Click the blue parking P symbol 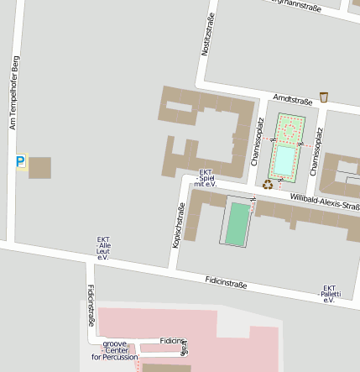tap(20, 160)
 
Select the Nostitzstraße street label tap(207, 35)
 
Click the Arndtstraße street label tap(291, 99)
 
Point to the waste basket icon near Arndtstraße tap(324, 97)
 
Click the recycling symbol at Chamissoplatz tap(267, 184)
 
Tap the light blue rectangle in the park tap(285, 160)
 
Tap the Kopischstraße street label tap(179, 225)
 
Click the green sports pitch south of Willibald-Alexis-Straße tap(238, 223)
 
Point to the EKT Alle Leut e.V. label tap(104, 248)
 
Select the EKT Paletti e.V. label tap(330, 293)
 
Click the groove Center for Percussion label tap(114, 350)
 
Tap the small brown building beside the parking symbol tap(39, 167)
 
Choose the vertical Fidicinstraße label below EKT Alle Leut tap(91, 307)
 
